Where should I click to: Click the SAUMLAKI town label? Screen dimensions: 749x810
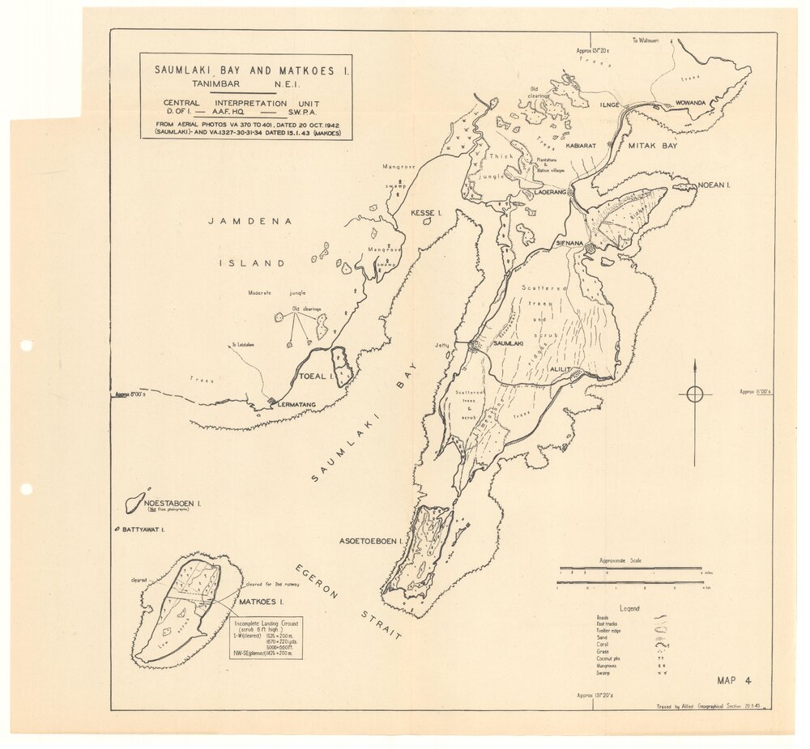pyautogui.click(x=509, y=344)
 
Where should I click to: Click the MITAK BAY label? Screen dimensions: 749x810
pyautogui.click(x=653, y=145)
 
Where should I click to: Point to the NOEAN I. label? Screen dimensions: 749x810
pyautogui.click(x=714, y=185)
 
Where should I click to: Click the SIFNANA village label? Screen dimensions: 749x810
pyautogui.click(x=571, y=241)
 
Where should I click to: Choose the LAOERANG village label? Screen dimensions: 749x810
pyautogui.click(x=549, y=192)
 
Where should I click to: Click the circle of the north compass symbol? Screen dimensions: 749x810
pyautogui.click(x=695, y=394)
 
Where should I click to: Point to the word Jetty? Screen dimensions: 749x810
pyautogui.click(x=441, y=344)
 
